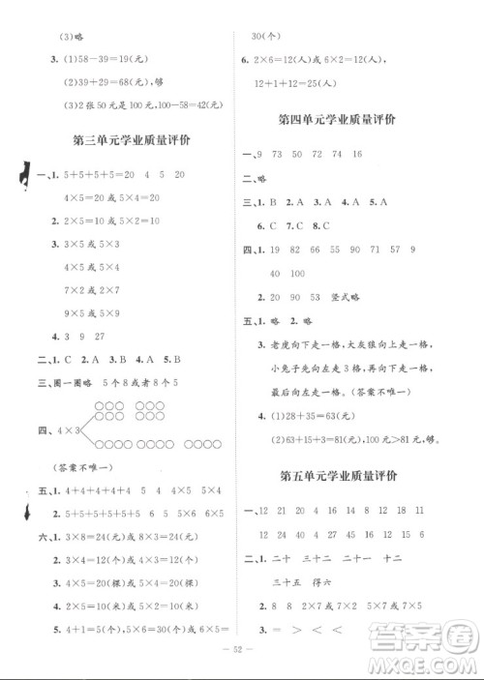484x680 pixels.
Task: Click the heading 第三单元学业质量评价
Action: (x=132, y=139)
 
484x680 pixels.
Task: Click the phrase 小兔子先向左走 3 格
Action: (x=305, y=368)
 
